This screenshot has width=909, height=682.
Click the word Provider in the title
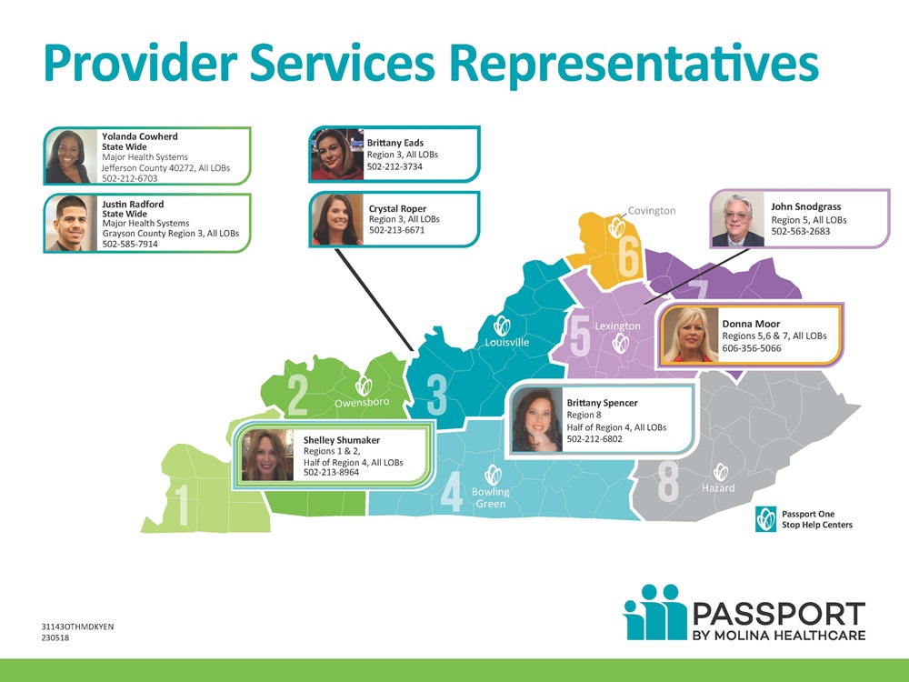click(x=141, y=63)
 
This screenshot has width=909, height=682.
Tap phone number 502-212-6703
click(x=130, y=178)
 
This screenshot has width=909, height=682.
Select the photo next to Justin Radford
click(x=71, y=224)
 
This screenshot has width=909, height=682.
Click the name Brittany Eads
click(x=395, y=143)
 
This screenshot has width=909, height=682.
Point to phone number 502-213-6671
click(x=397, y=230)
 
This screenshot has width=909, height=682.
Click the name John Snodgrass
click(x=805, y=206)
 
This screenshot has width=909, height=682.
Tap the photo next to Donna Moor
click(x=691, y=335)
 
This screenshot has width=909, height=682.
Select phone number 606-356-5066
click(x=752, y=348)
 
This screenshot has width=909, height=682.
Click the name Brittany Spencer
click(x=603, y=403)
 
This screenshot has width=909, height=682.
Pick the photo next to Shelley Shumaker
click(x=268, y=456)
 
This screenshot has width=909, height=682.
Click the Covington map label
click(x=652, y=211)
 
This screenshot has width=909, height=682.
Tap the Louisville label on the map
click(x=507, y=342)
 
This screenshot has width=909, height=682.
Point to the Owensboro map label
click(x=363, y=402)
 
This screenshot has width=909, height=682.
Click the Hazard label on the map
click(x=718, y=487)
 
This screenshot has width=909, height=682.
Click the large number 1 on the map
click(x=183, y=505)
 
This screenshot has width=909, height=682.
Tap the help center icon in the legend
click(x=765, y=519)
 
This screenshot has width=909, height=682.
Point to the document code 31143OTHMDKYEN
click(x=77, y=627)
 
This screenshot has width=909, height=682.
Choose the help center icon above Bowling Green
click(x=493, y=475)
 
